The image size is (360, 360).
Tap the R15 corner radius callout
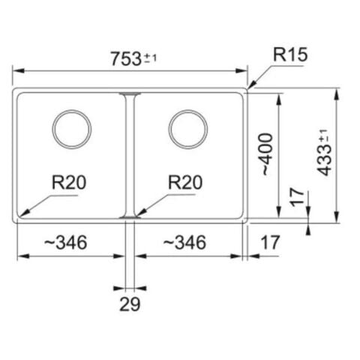tap(290, 55)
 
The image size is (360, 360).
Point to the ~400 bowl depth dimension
tap(267, 154)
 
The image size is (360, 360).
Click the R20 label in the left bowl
tap(69, 182)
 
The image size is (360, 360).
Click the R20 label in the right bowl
tap(185, 182)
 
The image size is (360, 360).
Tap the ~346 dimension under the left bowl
tap(66, 242)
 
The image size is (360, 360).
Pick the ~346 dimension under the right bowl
tap(184, 242)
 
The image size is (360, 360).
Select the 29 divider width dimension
tap(130, 304)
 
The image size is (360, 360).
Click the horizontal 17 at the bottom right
tap(270, 242)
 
